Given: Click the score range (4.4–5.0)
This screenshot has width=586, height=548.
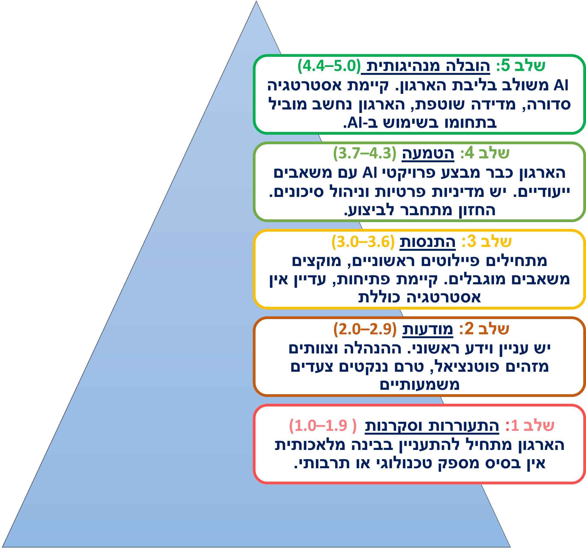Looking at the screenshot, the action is (329, 66).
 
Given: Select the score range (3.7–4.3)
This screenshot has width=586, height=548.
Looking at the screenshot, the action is (365, 153).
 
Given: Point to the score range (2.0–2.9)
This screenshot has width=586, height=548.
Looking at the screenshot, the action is (365, 329).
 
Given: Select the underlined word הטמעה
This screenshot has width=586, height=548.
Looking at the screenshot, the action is (428, 153).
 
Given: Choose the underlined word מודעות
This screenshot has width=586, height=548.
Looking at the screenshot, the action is (428, 329).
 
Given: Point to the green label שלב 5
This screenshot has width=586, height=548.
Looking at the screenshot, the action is (521, 65).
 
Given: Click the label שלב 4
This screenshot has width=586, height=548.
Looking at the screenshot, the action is (485, 153).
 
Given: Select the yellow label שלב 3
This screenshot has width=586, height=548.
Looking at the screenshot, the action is (486, 241).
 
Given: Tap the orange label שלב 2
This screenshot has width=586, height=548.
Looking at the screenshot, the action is (484, 329).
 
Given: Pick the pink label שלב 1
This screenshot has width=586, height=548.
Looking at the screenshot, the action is (530, 426).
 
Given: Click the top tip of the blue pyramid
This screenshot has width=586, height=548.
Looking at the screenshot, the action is (256, 1).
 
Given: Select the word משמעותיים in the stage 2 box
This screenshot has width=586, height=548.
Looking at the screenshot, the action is (419, 385).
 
